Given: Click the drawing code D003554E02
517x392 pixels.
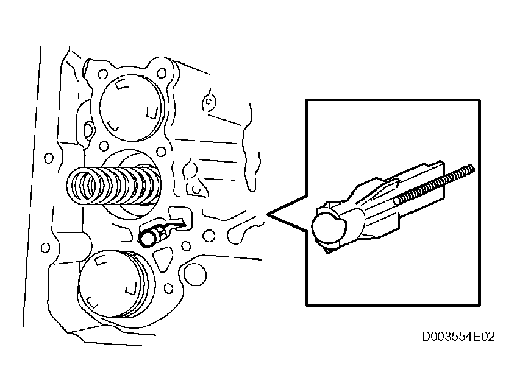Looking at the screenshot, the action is coord(458,337).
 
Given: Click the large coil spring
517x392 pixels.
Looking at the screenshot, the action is coord(114,186).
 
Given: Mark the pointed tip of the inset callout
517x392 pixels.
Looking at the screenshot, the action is coord(268,215).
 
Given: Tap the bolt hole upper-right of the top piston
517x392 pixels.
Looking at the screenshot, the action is coord(162,73).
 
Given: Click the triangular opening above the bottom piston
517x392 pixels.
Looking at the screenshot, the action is coord(163,259).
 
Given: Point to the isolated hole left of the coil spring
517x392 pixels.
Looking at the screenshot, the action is coord(49,158).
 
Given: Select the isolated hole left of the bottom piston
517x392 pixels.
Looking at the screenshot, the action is coord(46,248).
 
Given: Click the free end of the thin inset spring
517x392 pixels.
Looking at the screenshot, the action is coord(472,169).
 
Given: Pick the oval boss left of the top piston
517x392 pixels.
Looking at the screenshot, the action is coord(88,130).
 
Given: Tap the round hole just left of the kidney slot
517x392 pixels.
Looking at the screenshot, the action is coord(209,236).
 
